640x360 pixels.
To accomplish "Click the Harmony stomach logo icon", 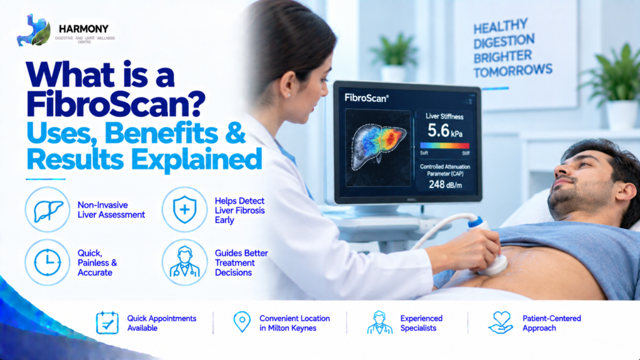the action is [34, 30].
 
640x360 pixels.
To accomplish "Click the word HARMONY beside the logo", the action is [84, 29].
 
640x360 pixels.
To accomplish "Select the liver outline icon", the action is [47, 210].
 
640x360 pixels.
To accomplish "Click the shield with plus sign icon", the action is [184, 209].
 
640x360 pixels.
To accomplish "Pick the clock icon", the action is [47, 262].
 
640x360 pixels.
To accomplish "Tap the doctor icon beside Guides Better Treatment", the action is [184, 262].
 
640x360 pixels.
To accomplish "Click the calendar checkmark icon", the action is [107, 322].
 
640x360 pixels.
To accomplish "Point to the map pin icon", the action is [242, 322].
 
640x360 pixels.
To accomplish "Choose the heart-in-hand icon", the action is [501, 322].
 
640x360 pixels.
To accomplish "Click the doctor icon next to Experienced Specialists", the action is [379, 322].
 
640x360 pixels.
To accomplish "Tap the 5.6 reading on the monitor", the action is [438, 131].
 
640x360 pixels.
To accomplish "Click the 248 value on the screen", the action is [436, 184].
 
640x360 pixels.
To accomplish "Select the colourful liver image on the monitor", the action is [378, 146].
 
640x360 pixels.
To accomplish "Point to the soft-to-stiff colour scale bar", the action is [444, 146].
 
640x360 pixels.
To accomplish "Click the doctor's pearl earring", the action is [289, 95].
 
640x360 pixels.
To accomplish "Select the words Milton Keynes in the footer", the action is [292, 328].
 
